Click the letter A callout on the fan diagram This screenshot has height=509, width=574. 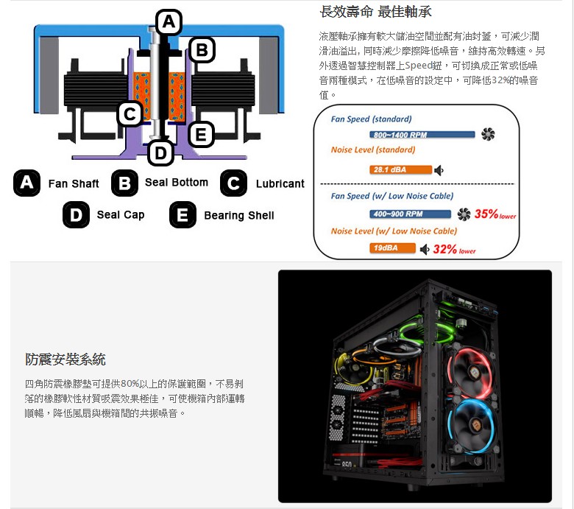pos(169,22)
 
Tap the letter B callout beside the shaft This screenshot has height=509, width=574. pos(201,49)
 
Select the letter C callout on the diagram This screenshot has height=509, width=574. pos(130,114)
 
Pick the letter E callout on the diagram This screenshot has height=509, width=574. pos(200,134)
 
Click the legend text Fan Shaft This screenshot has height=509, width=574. pos(74,183)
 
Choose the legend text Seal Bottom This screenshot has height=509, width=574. pos(177,182)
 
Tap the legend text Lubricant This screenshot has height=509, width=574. pos(280,183)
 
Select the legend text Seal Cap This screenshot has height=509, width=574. pos(121,215)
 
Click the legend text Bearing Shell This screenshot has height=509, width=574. pos(238,215)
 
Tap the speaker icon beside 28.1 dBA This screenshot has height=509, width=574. pos(439,170)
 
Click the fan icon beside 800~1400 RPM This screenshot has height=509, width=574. pos(487,134)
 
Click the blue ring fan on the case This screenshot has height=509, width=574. pos(482,431)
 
